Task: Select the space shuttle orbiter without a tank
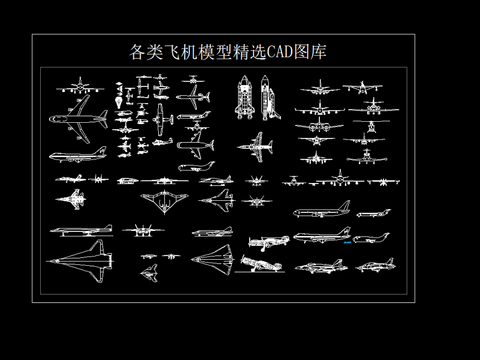[267, 100]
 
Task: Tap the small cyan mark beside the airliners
[347, 241]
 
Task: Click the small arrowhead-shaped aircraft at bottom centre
[149, 270]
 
